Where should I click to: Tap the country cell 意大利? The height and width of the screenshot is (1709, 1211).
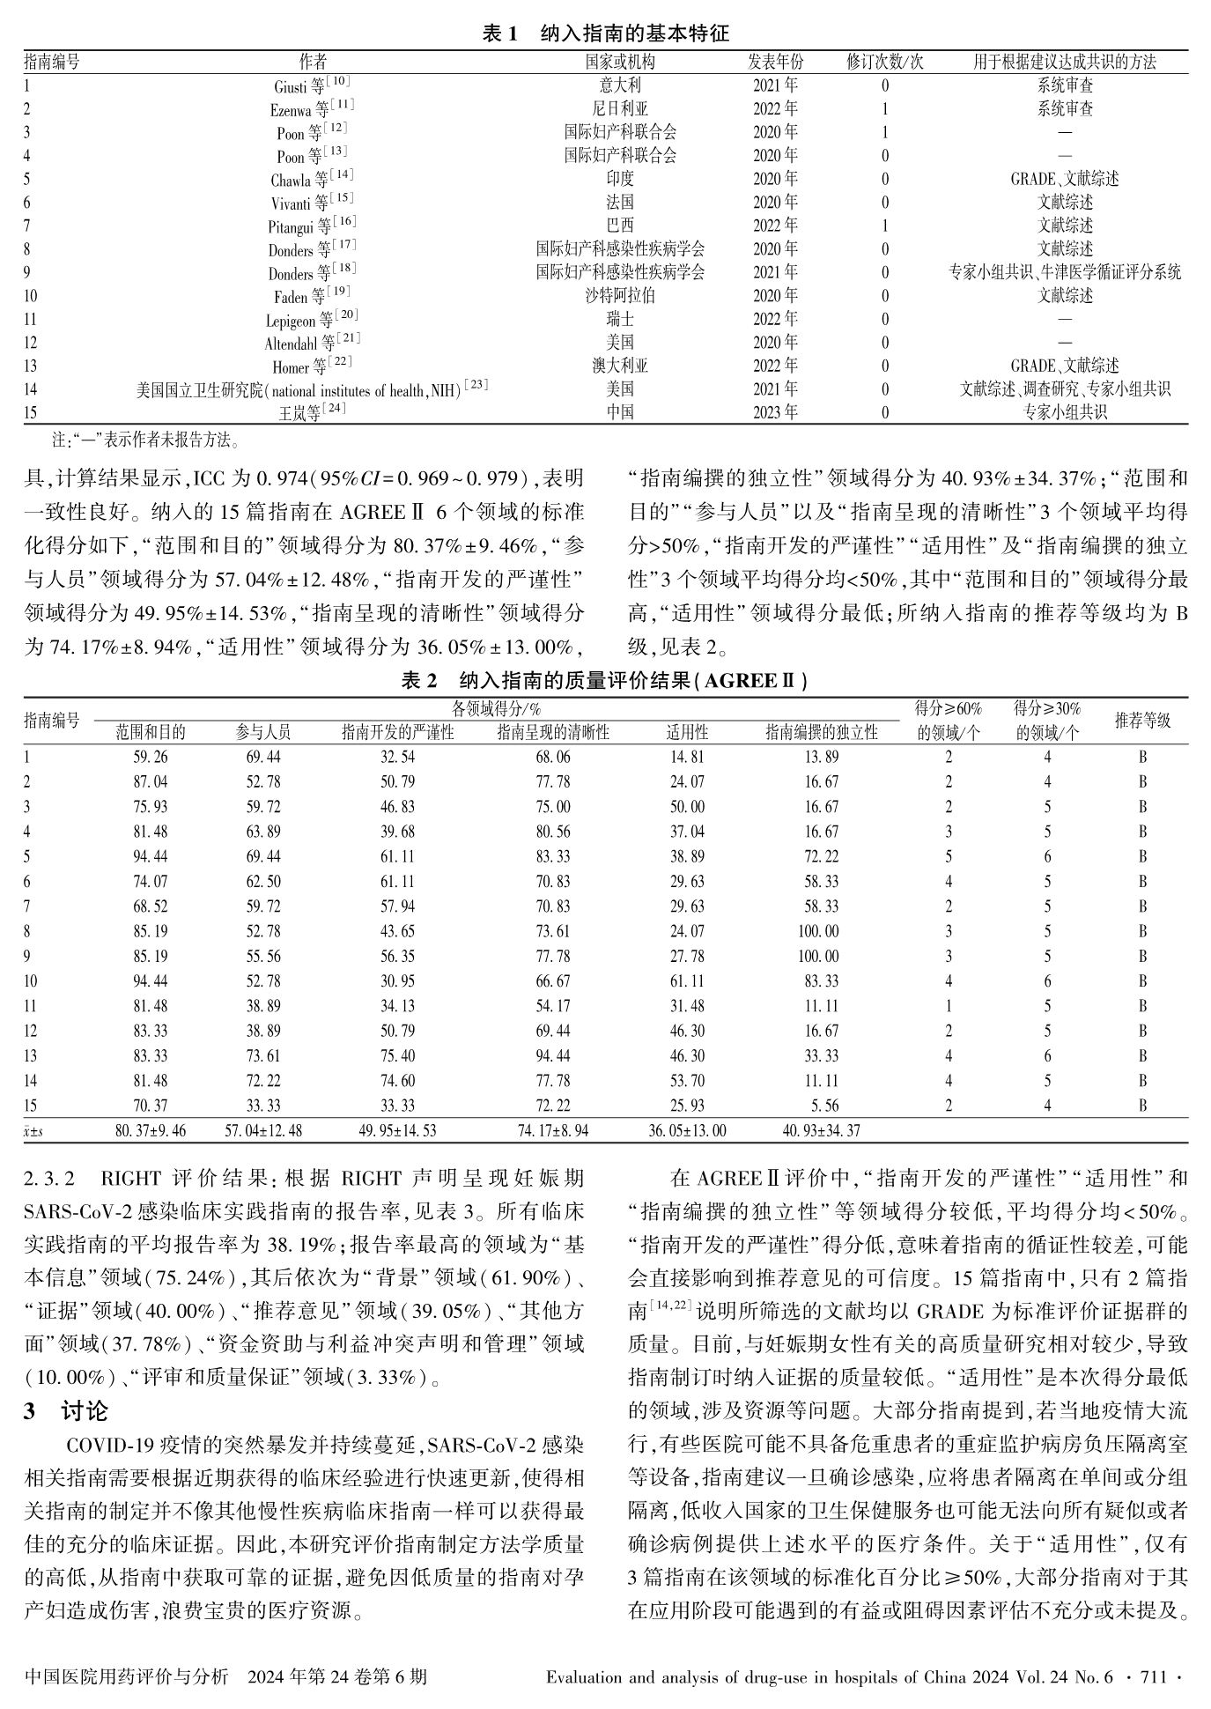[620, 85]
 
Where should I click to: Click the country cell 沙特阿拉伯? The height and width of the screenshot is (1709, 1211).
[620, 296]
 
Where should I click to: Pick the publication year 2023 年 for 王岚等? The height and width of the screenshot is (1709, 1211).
[775, 412]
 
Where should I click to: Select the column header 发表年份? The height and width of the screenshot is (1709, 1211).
[775, 62]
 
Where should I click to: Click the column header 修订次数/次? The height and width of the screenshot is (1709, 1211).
[885, 62]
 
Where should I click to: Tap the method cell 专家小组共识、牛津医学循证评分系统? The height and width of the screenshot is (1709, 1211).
[1065, 272]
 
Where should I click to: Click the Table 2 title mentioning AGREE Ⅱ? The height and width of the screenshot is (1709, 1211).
[606, 680]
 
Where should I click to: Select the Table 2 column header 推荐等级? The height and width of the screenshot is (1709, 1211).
[1142, 721]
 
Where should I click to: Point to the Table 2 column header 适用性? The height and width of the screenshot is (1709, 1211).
[687, 732]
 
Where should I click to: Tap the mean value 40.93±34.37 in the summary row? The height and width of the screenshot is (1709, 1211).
[821, 1130]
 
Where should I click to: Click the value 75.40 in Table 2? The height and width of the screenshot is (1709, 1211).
[398, 1055]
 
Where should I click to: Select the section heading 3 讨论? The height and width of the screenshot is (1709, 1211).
[66, 1410]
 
